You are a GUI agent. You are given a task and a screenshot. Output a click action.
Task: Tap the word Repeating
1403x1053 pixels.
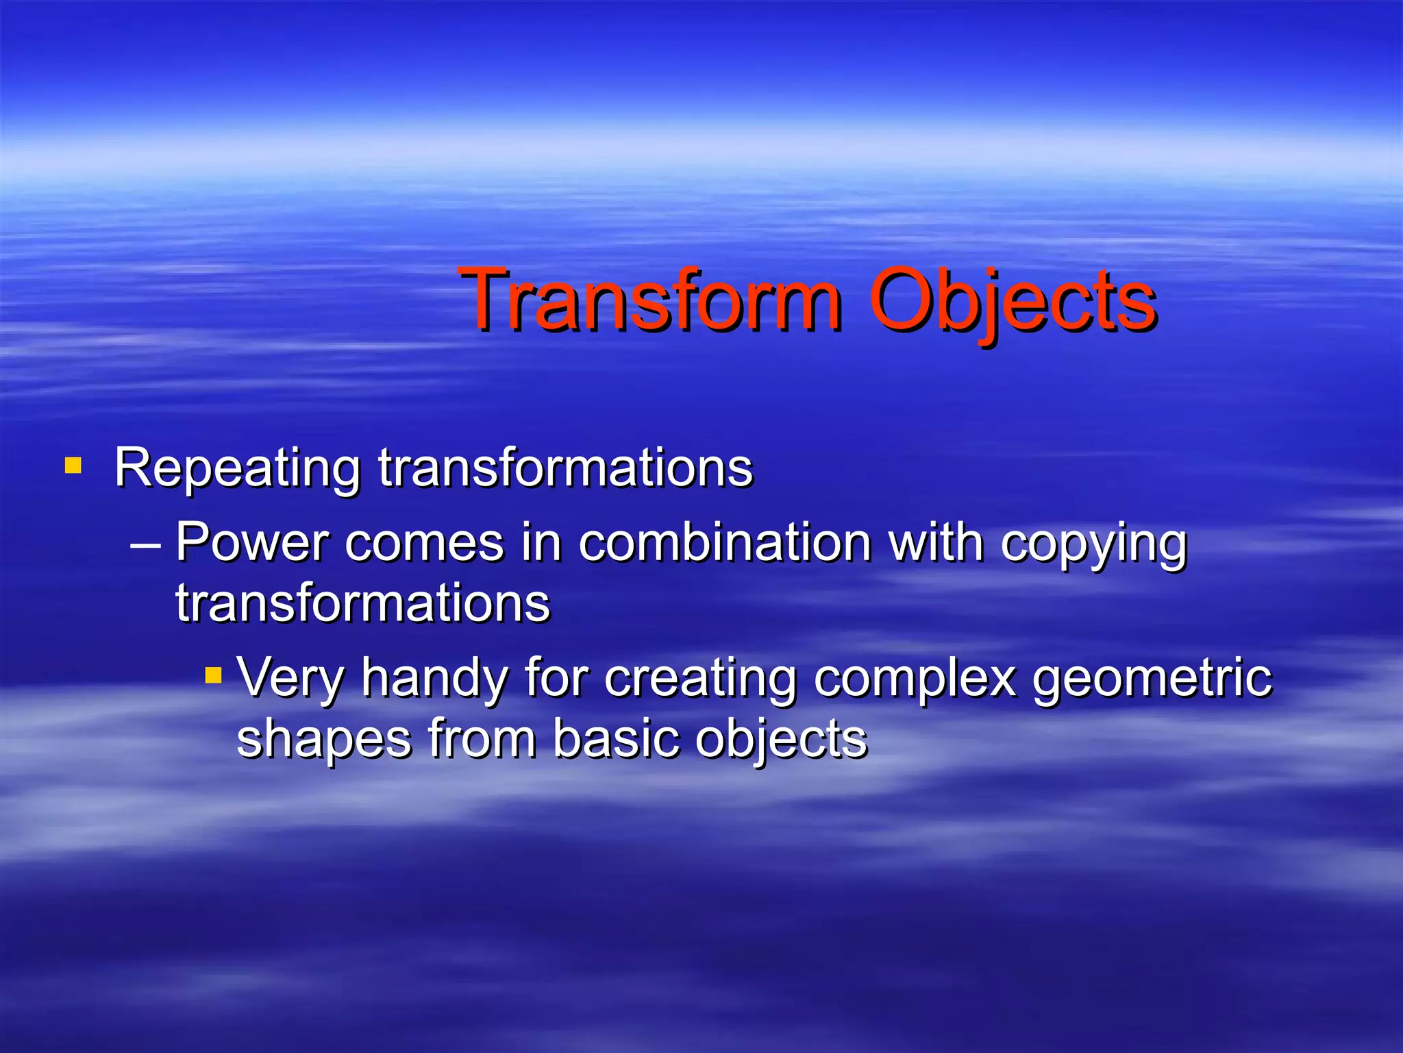point(237,469)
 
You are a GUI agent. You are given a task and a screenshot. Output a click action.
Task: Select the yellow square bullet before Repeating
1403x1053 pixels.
point(73,467)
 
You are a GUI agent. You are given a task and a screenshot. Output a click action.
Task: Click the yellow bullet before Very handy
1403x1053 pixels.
point(214,675)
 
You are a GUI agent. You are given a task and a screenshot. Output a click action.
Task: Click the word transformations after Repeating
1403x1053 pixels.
point(566,469)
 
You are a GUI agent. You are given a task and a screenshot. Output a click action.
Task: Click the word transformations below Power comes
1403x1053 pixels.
point(362,603)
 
